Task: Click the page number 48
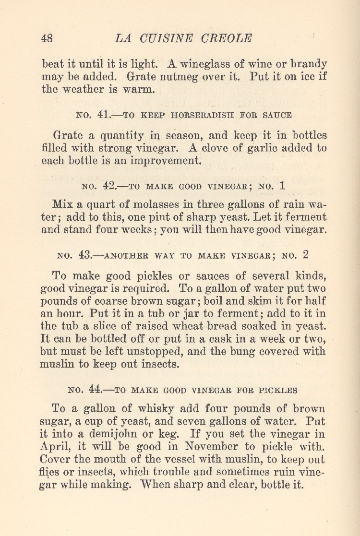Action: click(47, 38)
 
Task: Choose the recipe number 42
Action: click(111, 185)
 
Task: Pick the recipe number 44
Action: click(97, 390)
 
